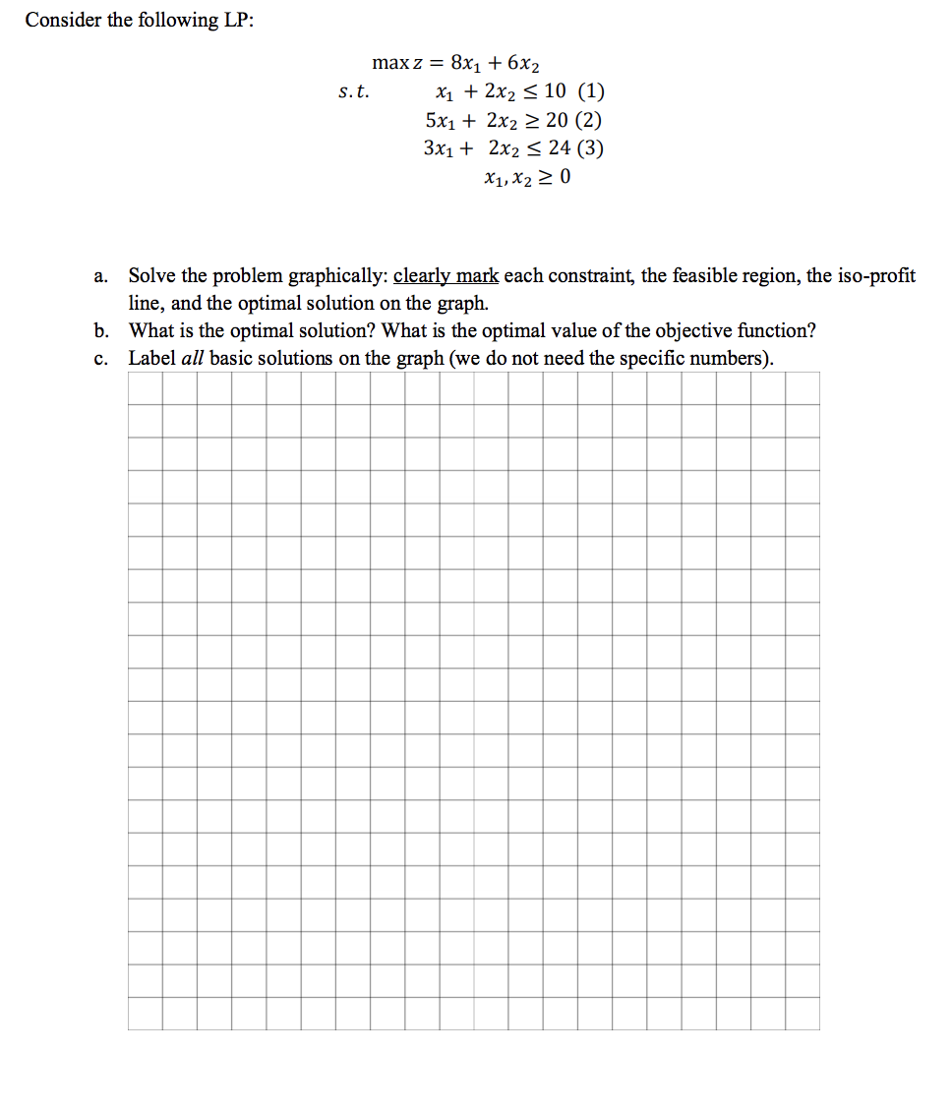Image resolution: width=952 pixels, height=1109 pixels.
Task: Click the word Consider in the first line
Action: [x=64, y=21]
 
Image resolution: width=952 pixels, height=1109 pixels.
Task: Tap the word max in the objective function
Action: [x=390, y=63]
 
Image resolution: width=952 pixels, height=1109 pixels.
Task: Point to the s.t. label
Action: [x=353, y=92]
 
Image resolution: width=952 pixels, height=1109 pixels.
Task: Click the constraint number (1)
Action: [x=591, y=92]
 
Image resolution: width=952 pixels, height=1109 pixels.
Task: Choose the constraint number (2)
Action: [x=590, y=120]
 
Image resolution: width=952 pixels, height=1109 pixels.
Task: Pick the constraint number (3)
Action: [x=590, y=148]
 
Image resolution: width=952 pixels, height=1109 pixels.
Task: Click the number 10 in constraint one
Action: [x=555, y=92]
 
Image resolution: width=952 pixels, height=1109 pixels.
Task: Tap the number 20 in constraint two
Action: [x=555, y=120]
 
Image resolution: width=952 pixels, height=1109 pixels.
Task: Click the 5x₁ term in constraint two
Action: [x=440, y=121]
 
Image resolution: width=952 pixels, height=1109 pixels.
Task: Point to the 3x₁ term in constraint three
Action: [x=439, y=149]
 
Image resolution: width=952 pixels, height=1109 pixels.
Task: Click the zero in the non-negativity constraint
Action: [x=565, y=178]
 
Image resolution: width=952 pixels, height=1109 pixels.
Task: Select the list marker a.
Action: [x=101, y=276]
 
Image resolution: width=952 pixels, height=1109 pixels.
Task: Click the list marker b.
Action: [x=101, y=330]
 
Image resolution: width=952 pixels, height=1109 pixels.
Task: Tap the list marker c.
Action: [x=101, y=358]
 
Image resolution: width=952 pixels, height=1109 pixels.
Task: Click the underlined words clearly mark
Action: [x=446, y=276]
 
